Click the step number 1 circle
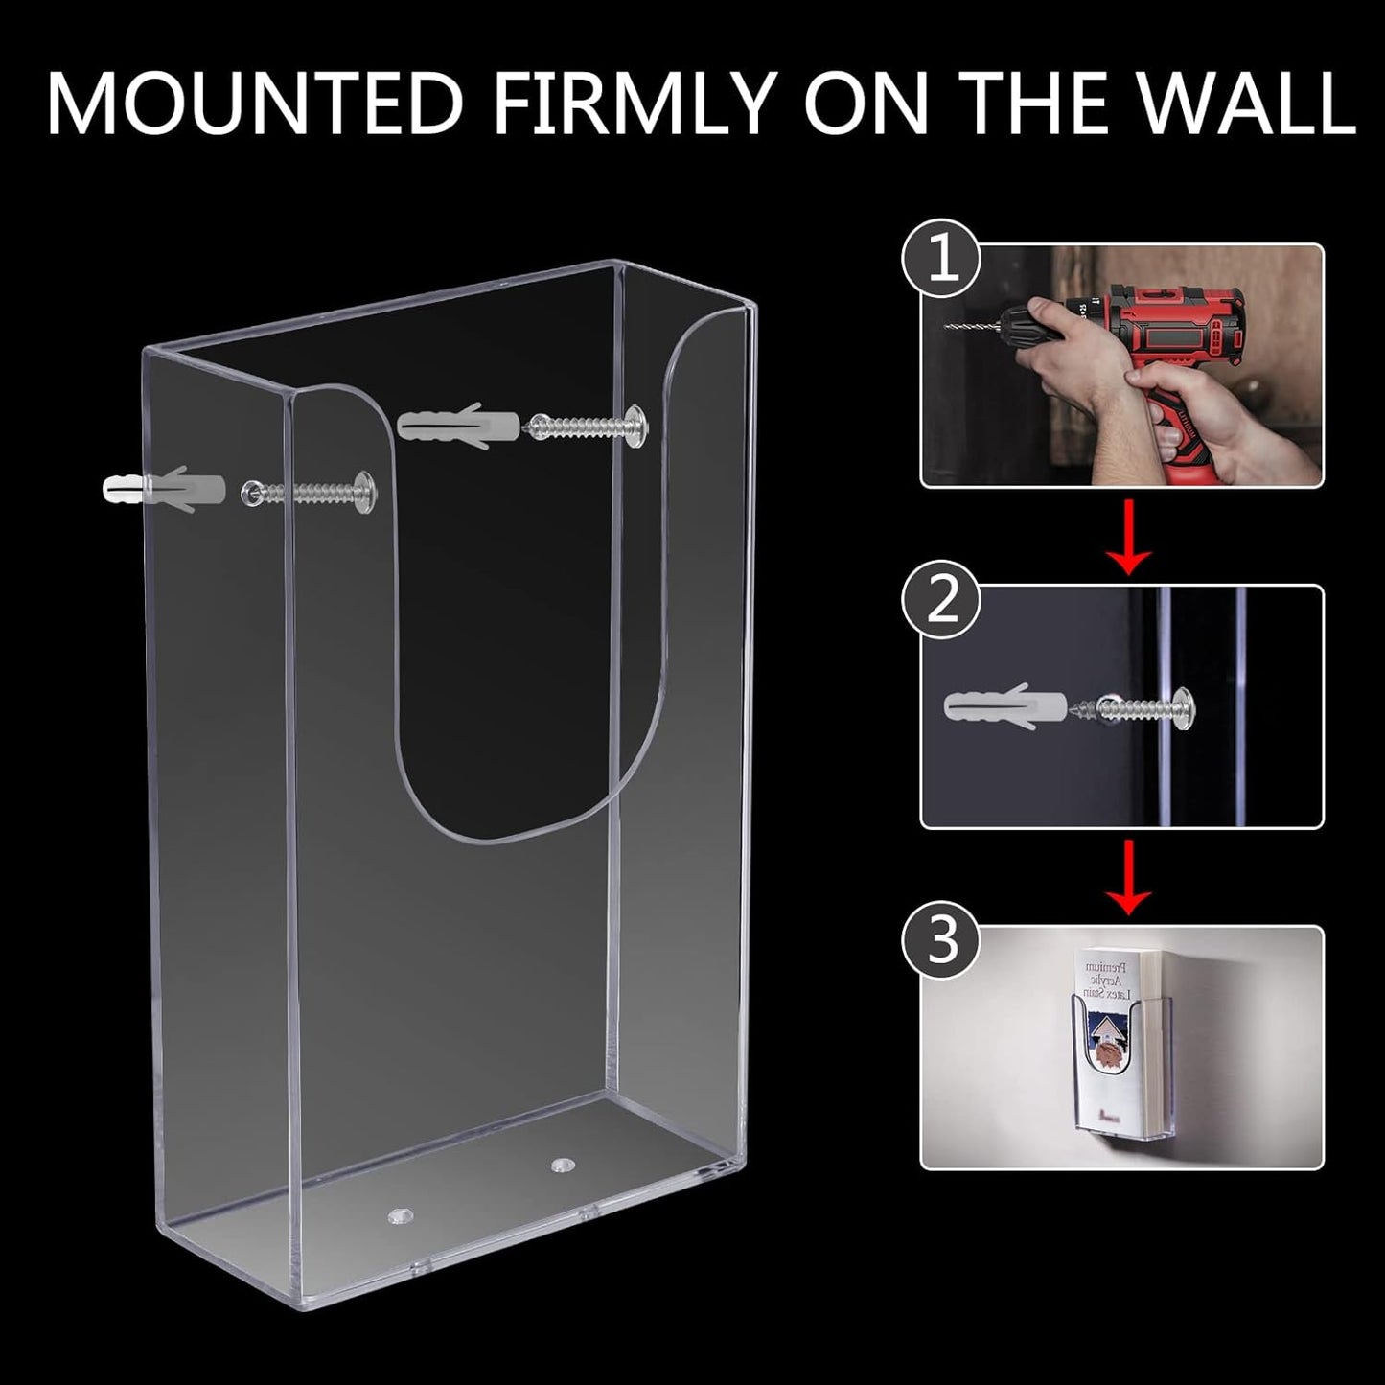(x=943, y=260)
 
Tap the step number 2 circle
(x=943, y=601)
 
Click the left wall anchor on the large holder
(x=163, y=488)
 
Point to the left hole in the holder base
(x=396, y=1214)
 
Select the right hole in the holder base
(x=558, y=1166)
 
